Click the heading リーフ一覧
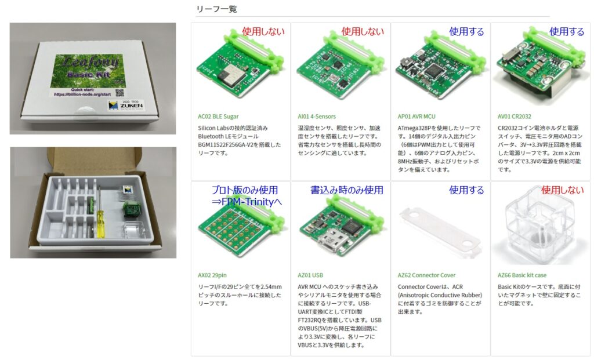[x=217, y=9]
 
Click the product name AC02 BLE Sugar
[x=218, y=117]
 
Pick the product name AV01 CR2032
[x=514, y=117]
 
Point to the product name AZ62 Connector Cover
[x=426, y=275]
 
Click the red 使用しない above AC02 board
[x=264, y=32]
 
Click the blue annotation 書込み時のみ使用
[x=347, y=190]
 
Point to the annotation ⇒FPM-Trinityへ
[x=246, y=202]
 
